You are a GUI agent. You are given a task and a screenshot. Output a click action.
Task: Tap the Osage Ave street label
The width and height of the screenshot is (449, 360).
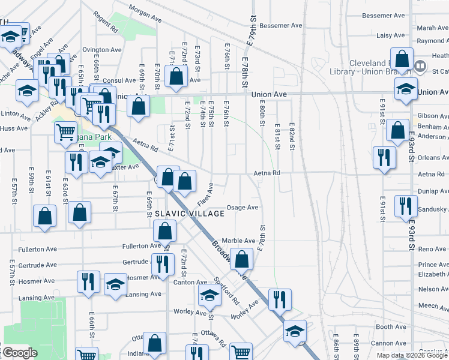point(242,208)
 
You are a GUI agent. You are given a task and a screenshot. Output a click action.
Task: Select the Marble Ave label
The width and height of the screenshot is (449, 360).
point(239,241)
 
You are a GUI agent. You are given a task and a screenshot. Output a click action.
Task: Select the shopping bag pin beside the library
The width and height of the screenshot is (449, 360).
point(402,59)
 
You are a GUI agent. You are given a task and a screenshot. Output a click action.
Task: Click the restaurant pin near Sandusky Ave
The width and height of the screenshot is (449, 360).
point(405,206)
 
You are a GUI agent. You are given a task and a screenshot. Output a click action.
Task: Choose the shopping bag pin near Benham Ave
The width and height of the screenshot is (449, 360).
point(397,130)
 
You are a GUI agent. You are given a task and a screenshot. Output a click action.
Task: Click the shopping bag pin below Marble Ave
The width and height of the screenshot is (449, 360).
point(242,259)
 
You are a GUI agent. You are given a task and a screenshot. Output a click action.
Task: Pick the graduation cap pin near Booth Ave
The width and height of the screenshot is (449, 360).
point(294,331)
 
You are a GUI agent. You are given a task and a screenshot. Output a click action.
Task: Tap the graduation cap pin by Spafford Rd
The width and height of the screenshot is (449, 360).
point(209,295)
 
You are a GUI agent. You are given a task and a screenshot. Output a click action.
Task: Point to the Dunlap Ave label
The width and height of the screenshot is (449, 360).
point(433,190)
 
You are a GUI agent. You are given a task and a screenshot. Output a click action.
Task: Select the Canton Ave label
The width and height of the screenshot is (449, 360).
point(190,282)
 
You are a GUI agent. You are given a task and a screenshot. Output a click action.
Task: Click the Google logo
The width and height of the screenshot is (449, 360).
point(20,353)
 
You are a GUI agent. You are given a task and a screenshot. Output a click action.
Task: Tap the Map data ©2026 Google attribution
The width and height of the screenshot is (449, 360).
point(411,355)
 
